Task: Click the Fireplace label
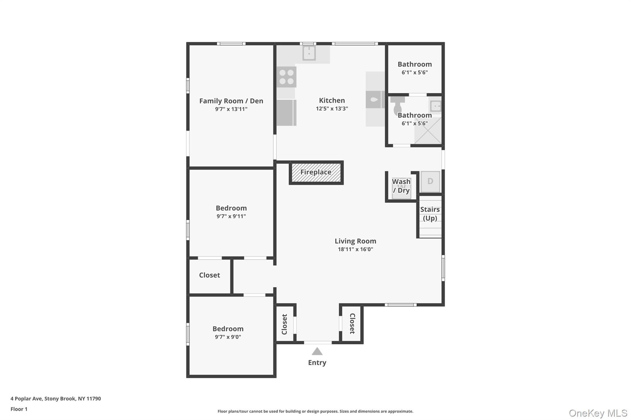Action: pos(316,172)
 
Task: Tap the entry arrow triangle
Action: pos(317,351)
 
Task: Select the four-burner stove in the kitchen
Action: pos(287,77)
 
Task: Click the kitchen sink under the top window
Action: pos(309,53)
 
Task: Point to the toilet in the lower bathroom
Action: pos(397,106)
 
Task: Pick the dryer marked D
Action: pos(430,182)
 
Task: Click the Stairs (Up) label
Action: pos(430,214)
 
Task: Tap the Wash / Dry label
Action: pos(401,186)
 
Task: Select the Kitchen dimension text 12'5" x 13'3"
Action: pos(332,109)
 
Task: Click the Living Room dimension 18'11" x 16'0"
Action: pos(355,249)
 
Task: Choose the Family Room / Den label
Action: pos(231,101)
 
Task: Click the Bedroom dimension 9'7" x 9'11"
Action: pos(231,216)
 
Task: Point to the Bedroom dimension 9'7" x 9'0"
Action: pos(228,337)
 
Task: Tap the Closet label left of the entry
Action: pos(284,324)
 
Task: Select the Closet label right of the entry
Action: pos(352,324)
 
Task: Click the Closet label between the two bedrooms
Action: pos(210,275)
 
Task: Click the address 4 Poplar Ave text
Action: pos(56,398)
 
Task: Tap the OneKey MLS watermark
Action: pos(598,413)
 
